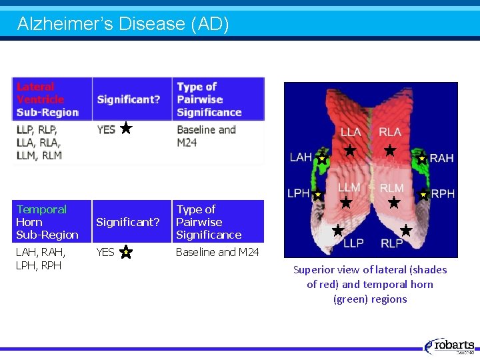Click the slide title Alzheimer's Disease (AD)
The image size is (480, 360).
(123, 25)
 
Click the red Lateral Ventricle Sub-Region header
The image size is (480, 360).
(47, 99)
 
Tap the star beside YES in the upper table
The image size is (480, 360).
(126, 129)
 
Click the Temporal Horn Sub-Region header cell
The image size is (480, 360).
(47, 222)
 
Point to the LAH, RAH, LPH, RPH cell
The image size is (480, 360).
(41, 259)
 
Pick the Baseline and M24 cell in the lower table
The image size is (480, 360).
(217, 252)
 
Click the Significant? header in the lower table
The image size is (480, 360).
(128, 222)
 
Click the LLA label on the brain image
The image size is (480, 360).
(351, 133)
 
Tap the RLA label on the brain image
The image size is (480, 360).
(390, 133)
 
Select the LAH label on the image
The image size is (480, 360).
(301, 157)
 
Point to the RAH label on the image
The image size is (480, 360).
(441, 158)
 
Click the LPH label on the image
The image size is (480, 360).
(298, 193)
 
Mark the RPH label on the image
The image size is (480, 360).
(443, 193)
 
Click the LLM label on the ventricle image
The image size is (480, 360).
(349, 187)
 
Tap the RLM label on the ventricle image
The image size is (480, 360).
(391, 187)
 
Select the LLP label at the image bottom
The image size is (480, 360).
(353, 243)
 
